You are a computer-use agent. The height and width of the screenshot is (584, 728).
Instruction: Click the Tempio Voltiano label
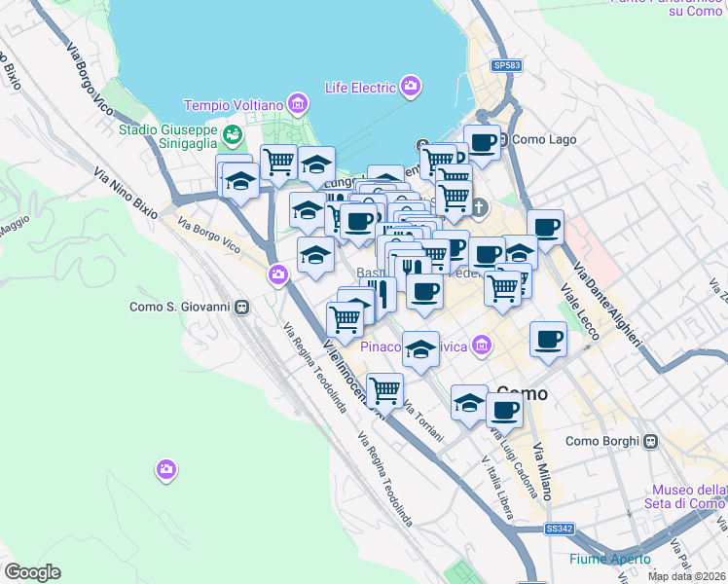click(x=234, y=104)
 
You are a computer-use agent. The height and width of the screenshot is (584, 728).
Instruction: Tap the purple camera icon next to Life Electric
click(x=411, y=87)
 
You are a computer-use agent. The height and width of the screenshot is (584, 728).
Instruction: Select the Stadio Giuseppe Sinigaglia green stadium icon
click(x=232, y=133)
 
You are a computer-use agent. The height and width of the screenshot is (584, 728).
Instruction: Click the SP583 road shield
click(x=506, y=65)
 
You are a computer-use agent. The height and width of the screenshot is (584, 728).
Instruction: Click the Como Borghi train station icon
click(x=652, y=441)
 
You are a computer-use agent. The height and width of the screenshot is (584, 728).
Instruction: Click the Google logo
click(x=33, y=571)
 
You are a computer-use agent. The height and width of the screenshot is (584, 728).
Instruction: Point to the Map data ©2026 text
click(x=687, y=576)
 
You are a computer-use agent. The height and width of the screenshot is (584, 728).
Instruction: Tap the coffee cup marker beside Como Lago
click(x=482, y=142)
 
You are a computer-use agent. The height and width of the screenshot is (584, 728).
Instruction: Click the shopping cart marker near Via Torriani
click(x=385, y=390)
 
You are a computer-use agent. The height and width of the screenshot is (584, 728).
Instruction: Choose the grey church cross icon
click(x=482, y=206)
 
